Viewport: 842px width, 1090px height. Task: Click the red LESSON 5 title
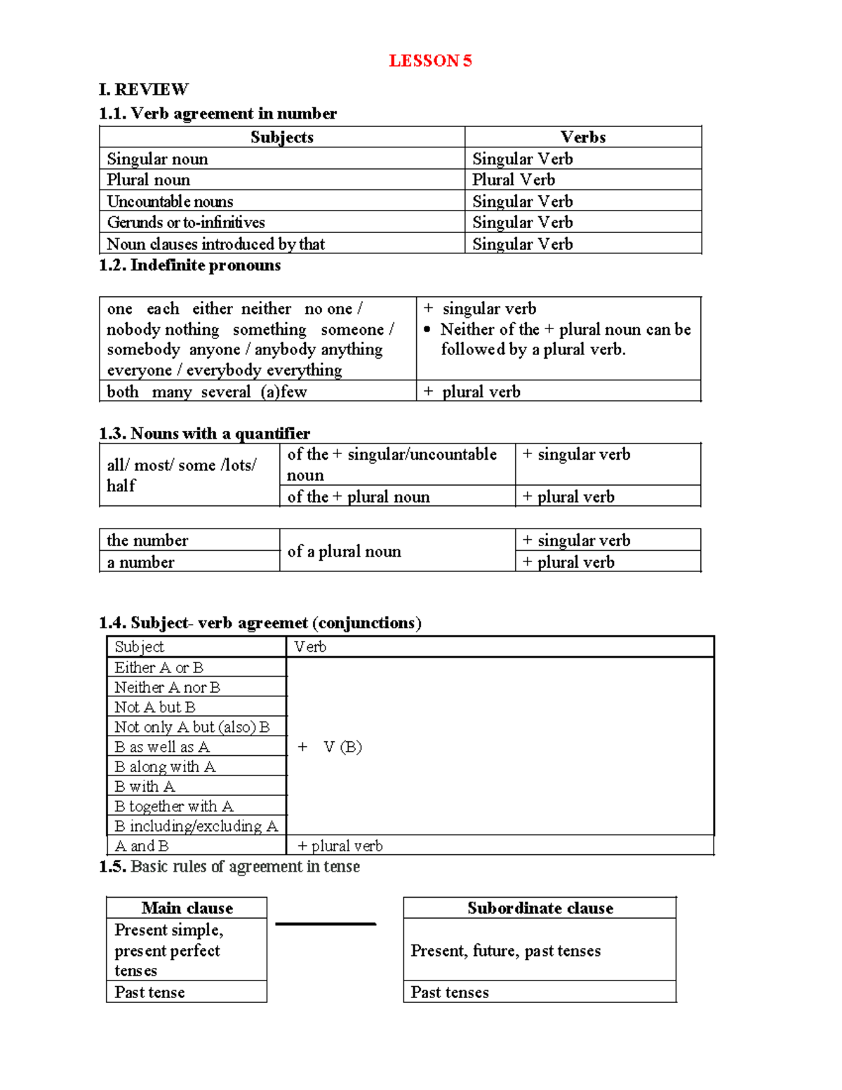click(x=430, y=61)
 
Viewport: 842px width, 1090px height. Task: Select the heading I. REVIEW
click(x=144, y=89)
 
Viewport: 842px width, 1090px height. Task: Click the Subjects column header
click(x=281, y=138)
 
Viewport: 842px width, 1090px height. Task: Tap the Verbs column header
click(x=582, y=138)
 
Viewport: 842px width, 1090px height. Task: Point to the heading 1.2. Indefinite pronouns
click(x=189, y=265)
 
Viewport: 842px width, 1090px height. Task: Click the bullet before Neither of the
click(x=427, y=329)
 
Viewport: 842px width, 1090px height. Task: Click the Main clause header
click(x=187, y=908)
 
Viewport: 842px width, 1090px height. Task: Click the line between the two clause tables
click(x=326, y=924)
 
